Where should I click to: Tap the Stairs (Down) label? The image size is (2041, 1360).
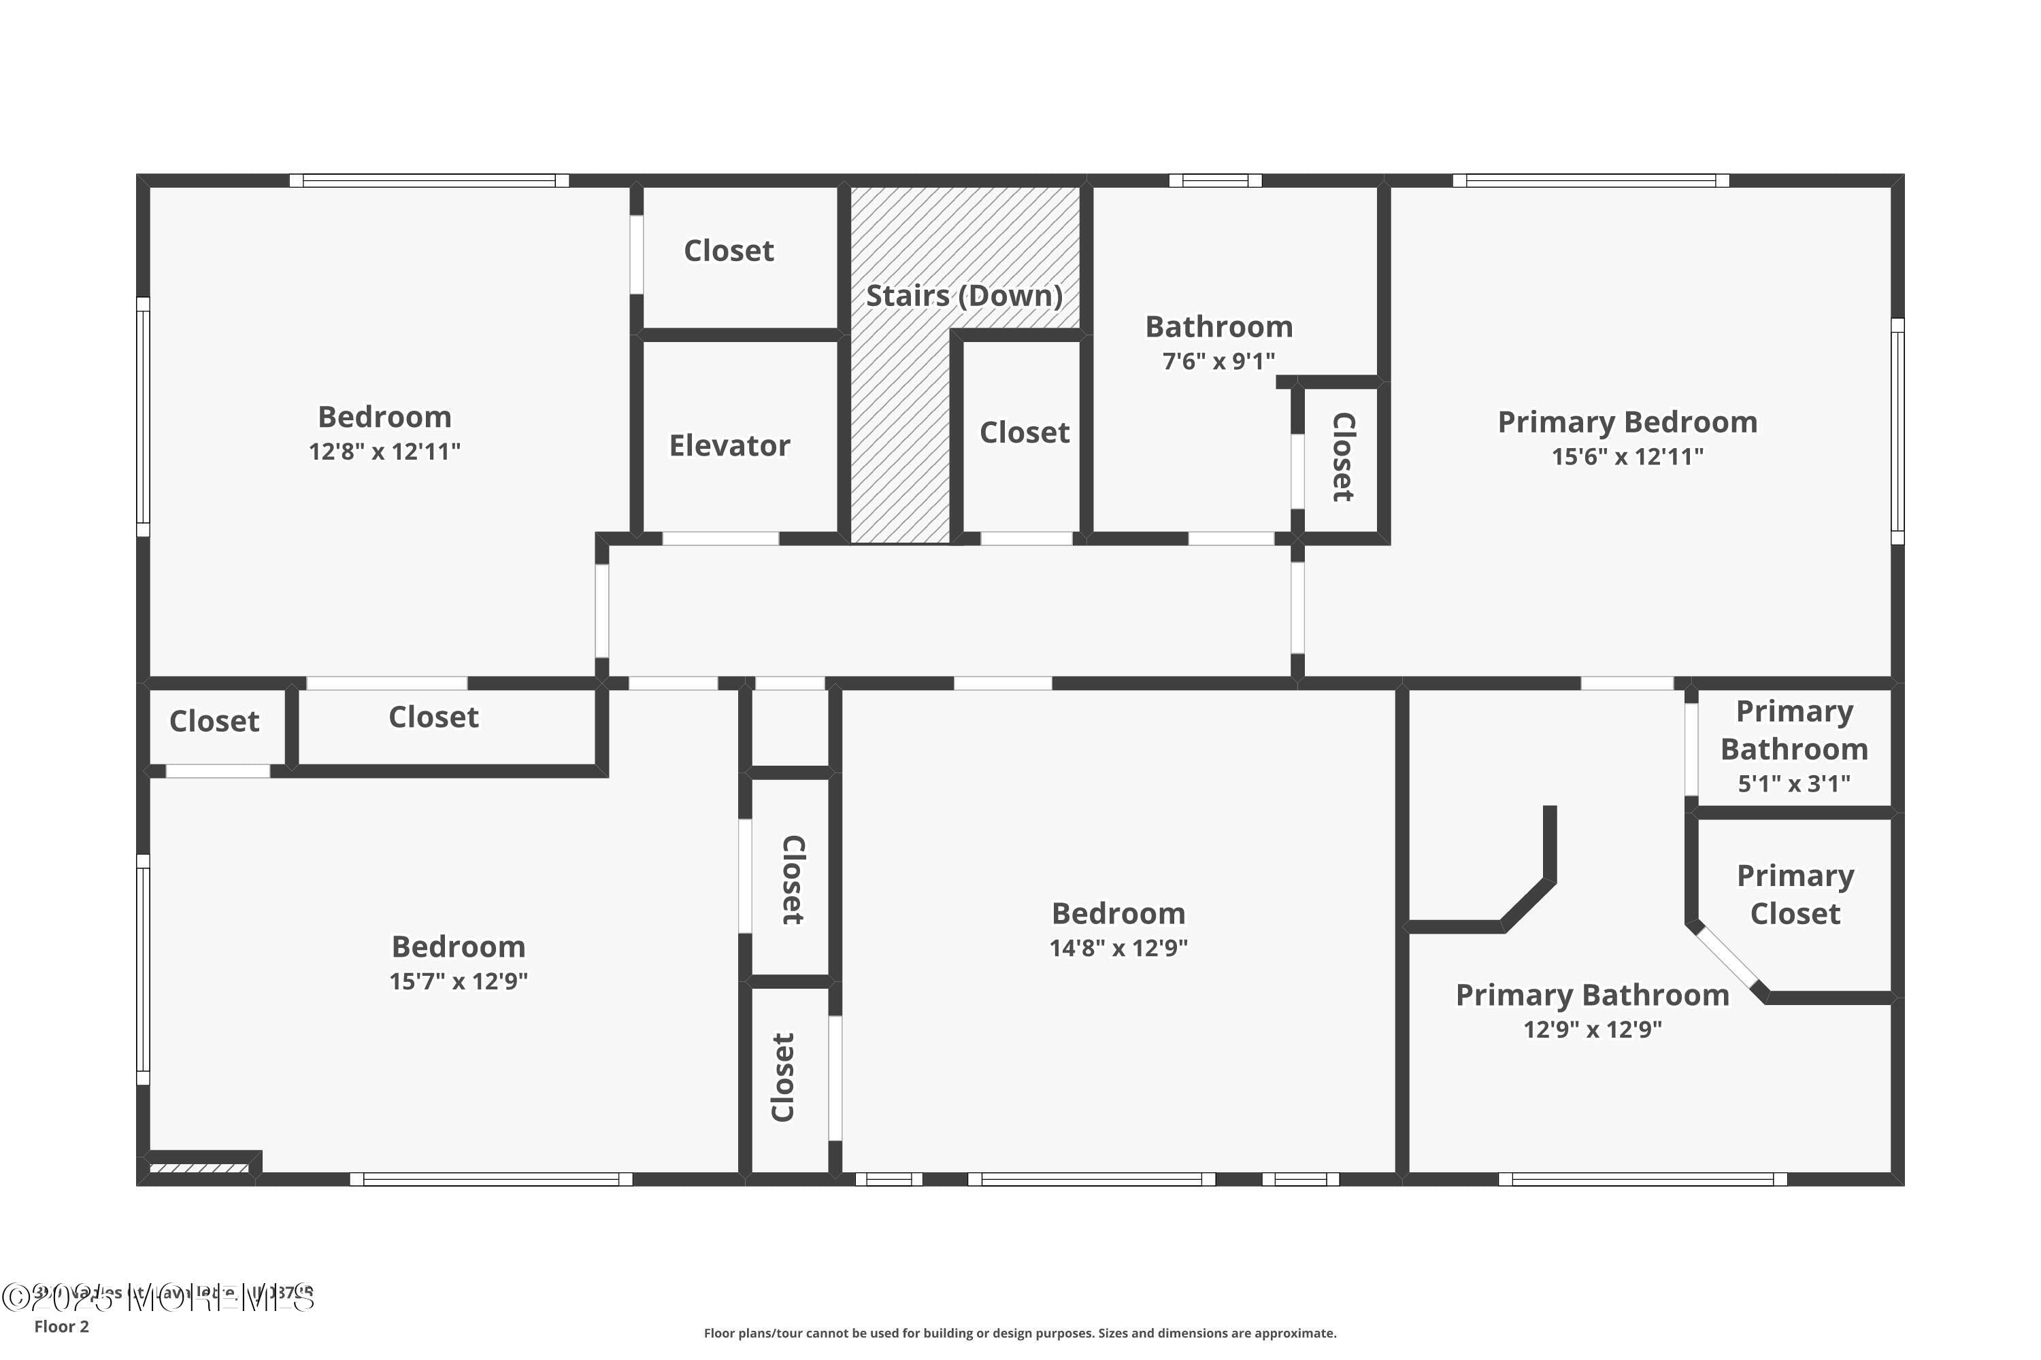(964, 296)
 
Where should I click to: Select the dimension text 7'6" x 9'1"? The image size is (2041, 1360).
(1218, 361)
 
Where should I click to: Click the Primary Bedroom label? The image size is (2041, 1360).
(1627, 422)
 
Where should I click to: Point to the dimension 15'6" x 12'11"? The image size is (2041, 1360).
(1627, 457)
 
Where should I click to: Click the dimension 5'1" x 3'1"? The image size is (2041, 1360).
(1793, 784)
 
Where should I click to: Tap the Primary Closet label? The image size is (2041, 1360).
(1795, 894)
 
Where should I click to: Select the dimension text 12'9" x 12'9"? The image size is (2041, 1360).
(1593, 1030)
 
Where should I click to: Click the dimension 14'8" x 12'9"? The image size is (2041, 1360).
(1118, 948)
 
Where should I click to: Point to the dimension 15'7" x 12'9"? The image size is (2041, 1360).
(458, 981)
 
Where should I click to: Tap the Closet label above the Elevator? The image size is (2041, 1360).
(728, 251)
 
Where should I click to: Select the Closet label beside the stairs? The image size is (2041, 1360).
(1024, 432)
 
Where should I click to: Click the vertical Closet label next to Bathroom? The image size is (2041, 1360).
(1342, 457)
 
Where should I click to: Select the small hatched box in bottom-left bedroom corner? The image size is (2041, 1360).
(199, 1168)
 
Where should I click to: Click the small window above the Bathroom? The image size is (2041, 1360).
(1215, 180)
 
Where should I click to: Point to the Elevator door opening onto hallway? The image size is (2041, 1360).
(720, 539)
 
